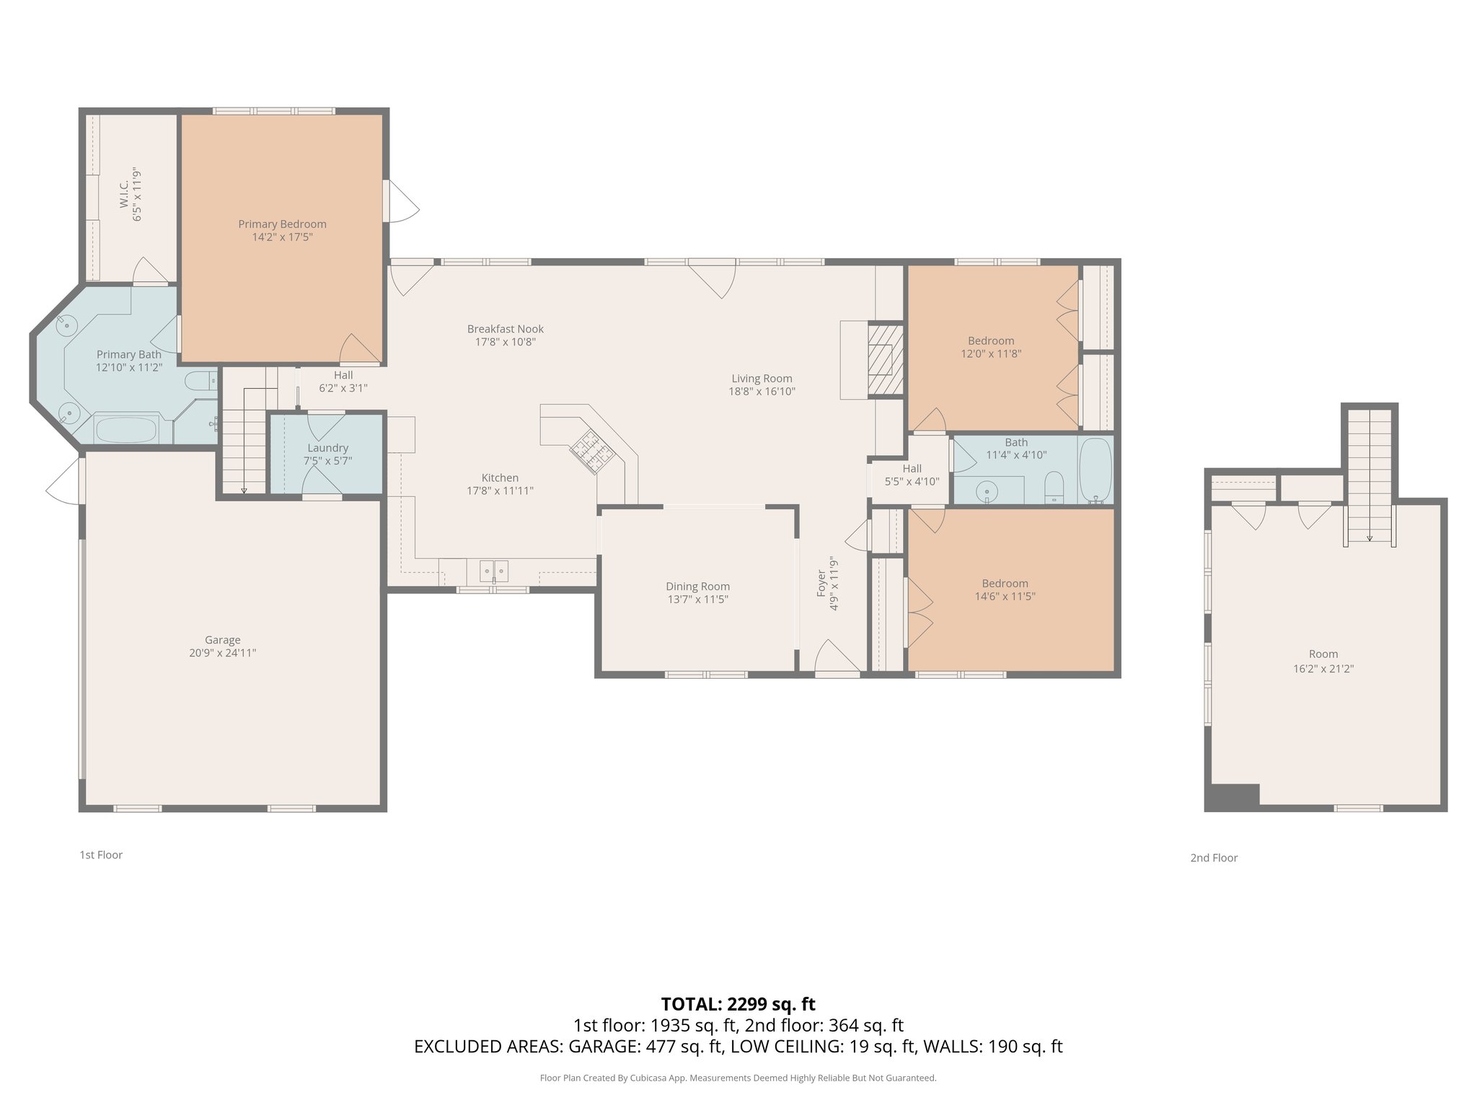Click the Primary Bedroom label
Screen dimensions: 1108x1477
pyautogui.click(x=282, y=224)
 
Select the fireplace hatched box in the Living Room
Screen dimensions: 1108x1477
pyautogui.click(x=884, y=359)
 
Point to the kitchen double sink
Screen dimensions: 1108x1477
pyautogui.click(x=494, y=571)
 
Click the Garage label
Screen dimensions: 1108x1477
pyautogui.click(x=222, y=640)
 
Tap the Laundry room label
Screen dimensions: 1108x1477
pyautogui.click(x=327, y=448)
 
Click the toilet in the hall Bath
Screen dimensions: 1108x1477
pyautogui.click(x=1054, y=487)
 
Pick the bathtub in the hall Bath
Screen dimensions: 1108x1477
pyautogui.click(x=1095, y=470)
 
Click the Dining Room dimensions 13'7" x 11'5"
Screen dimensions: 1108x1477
pyautogui.click(x=697, y=599)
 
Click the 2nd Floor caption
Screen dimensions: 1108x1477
pyautogui.click(x=1214, y=858)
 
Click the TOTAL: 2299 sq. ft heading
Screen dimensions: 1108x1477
pyautogui.click(x=738, y=1004)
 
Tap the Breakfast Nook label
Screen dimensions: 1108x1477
pyautogui.click(x=505, y=329)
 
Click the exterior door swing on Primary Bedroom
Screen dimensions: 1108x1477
pyautogui.click(x=402, y=201)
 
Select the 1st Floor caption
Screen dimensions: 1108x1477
pyautogui.click(x=101, y=855)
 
